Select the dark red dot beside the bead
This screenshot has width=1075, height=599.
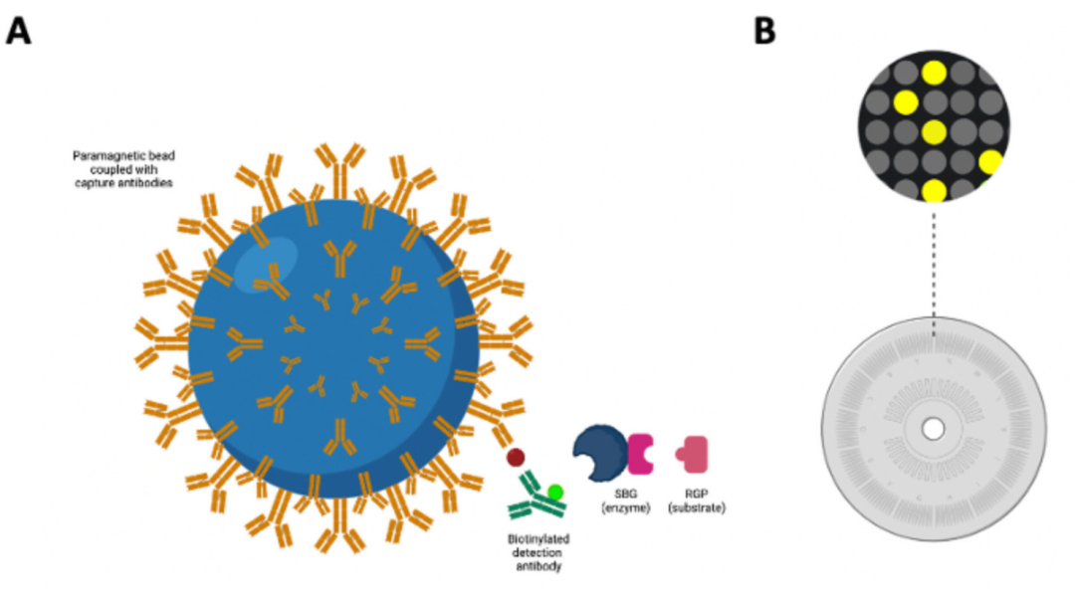[516, 458]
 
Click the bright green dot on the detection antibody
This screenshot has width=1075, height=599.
[555, 492]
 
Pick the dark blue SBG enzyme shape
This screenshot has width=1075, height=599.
[598, 452]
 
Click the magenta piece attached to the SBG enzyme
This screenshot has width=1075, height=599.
[639, 453]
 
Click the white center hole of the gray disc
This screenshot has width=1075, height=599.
[934, 429]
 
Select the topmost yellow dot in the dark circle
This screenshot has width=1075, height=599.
[934, 72]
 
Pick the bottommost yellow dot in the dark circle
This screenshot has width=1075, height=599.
[934, 191]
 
